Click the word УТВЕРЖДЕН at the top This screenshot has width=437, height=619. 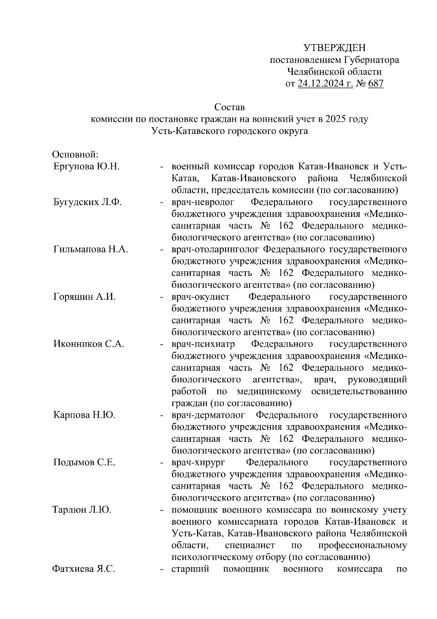coord(334,48)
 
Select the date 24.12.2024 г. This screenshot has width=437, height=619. coord(325,84)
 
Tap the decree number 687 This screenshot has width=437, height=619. coord(376,84)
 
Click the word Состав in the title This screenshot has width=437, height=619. coord(229,107)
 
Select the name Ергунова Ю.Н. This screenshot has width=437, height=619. coord(86,167)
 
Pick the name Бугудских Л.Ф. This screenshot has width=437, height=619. coord(87,202)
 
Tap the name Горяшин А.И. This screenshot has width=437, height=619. coord(84,297)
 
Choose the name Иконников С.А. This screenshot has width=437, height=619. coord(88,344)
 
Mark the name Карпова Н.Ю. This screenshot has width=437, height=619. coord(84,415)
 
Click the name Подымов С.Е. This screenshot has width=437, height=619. coord(84,462)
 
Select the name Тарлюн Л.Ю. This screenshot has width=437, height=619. coord(82,510)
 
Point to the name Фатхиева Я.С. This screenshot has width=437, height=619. coord(84,569)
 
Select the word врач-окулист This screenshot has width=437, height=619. coord(200,297)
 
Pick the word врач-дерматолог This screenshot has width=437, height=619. coord(208,415)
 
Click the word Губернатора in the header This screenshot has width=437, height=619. coord(371,60)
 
